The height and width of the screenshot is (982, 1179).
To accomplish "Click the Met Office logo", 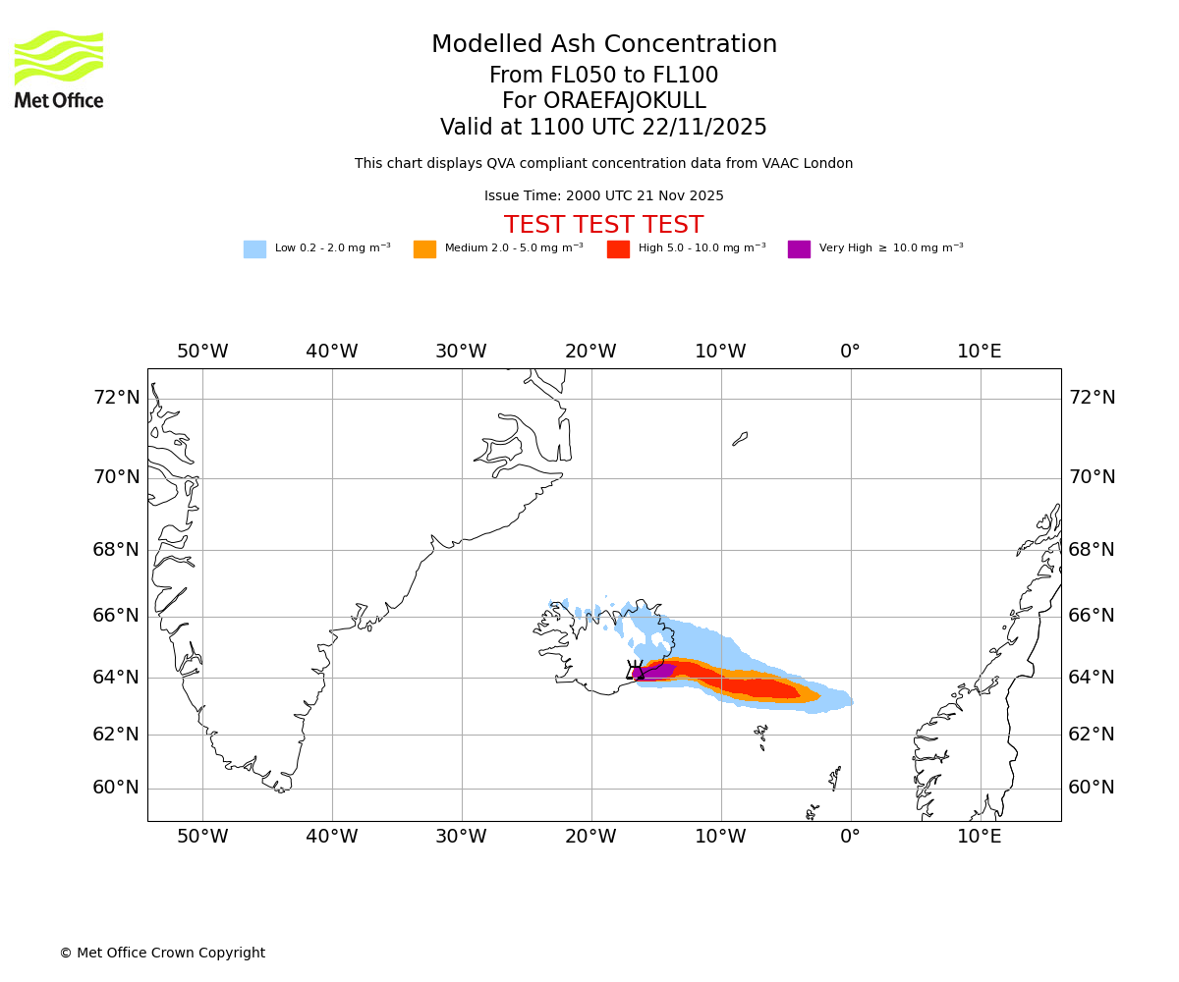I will pyautogui.click(x=59, y=69).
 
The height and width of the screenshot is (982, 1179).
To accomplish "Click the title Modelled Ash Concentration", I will pyautogui.click(x=603, y=45).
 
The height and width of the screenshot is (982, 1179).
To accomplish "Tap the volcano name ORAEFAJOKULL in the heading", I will pyautogui.click(x=629, y=101).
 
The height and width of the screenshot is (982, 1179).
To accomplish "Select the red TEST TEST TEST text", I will pyautogui.click(x=603, y=225).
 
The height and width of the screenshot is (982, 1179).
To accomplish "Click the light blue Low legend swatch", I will pyautogui.click(x=254, y=249).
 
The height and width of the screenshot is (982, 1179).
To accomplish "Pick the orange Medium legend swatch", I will pyautogui.click(x=424, y=249).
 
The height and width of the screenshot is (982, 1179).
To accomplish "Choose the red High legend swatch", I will pyautogui.click(x=618, y=249).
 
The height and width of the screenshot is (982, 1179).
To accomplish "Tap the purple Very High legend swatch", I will pyautogui.click(x=799, y=249).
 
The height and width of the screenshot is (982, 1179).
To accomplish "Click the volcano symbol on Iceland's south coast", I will pyautogui.click(x=635, y=671).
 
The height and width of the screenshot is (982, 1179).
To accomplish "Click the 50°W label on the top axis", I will pyautogui.click(x=202, y=352).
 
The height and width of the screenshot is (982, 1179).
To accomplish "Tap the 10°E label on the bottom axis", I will pyautogui.click(x=980, y=837).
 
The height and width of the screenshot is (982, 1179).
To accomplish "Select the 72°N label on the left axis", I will pyautogui.click(x=116, y=398).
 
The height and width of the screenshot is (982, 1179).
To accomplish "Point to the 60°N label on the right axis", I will pyautogui.click(x=1092, y=788).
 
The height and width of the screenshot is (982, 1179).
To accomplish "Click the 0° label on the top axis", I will pyautogui.click(x=850, y=352).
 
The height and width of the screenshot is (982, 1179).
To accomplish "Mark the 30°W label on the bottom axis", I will pyautogui.click(x=461, y=837).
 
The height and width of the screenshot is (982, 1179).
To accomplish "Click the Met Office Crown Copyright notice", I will pyautogui.click(x=162, y=953).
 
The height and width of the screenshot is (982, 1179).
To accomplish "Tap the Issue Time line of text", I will pyautogui.click(x=603, y=196).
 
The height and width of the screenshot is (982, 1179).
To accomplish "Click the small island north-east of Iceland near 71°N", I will pyautogui.click(x=740, y=439).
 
